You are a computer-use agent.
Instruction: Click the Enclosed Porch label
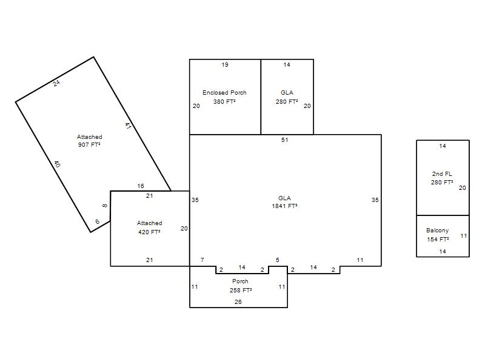coord(224,93)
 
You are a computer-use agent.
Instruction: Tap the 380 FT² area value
coord(224,101)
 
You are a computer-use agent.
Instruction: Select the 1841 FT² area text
coord(284,206)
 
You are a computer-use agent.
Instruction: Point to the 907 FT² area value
coord(89,144)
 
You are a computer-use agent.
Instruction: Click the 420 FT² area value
coord(149,232)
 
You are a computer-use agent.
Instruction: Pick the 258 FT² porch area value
coord(241,291)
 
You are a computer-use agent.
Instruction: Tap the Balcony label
coord(437,231)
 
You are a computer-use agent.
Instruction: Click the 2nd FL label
coord(442,174)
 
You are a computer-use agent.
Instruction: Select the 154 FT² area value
coord(438,239)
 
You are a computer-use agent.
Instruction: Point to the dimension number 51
coord(284,140)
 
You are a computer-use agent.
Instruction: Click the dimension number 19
coord(225,65)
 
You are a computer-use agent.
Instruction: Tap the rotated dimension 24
coord(56,83)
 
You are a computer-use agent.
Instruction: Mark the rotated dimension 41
coord(128,126)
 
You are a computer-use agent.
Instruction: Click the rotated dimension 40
coord(57,164)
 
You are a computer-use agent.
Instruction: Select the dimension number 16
coord(141,186)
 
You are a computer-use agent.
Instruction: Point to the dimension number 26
coord(238,302)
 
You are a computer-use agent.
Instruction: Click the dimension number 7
coord(202,260)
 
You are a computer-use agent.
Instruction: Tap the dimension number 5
coord(278,260)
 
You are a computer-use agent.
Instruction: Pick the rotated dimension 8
coord(105,206)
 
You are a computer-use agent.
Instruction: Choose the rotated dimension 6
coord(98,221)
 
